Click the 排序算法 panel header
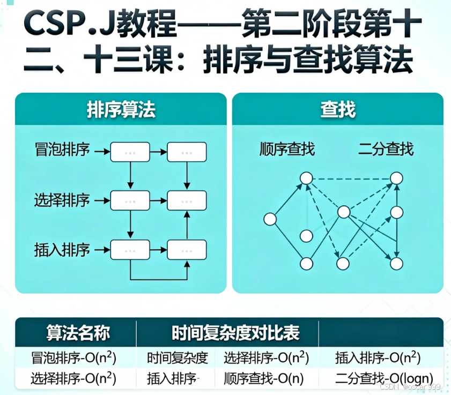(121, 110)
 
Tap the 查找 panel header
(338, 110)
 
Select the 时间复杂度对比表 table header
(235, 333)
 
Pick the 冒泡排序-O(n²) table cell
(75, 357)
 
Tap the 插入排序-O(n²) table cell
(378, 357)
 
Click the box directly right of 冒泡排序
(130, 152)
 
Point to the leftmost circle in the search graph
(270, 219)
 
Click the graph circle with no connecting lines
(306, 236)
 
